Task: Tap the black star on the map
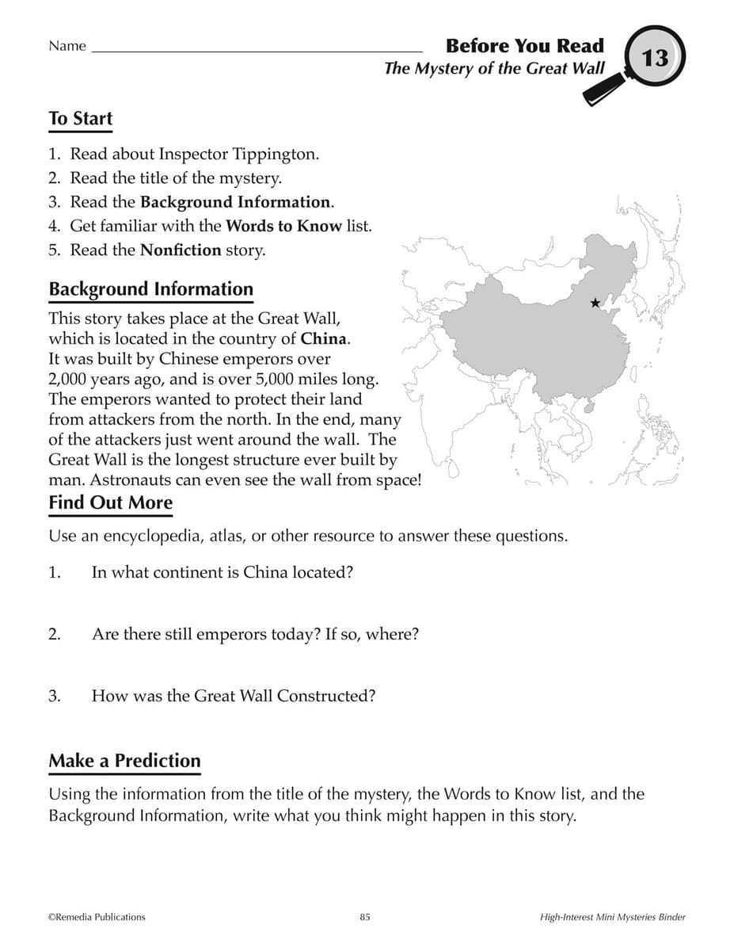[595, 303]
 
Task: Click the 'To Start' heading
[81, 119]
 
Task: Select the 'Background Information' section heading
[151, 289]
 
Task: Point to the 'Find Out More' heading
[110, 502]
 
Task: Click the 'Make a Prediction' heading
[125, 761]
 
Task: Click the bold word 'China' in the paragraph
[323, 338]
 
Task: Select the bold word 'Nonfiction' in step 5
[181, 250]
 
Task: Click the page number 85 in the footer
[365, 917]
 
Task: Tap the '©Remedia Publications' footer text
[97, 917]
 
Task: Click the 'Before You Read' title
[524, 46]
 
